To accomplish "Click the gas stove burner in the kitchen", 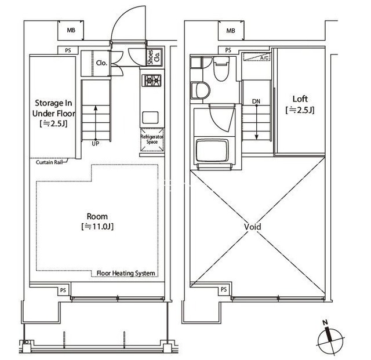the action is click(151, 81).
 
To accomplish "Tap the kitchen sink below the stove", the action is click(150, 118).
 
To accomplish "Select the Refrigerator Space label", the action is click(152, 139).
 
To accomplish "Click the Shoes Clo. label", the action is click(154, 57).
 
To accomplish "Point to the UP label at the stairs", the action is click(95, 143).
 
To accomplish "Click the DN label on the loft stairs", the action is click(256, 101).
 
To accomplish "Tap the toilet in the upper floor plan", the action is click(221, 68).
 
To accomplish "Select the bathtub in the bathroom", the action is click(213, 150).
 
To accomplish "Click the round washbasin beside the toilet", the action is click(201, 90).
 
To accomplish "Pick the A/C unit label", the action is click(264, 58).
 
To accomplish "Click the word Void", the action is click(253, 227).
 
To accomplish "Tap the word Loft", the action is click(300, 99).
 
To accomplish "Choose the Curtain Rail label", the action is click(49, 162).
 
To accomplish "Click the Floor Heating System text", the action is click(126, 273).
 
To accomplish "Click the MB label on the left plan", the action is click(71, 30).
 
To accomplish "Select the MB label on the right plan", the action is click(231, 31).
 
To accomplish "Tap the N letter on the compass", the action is click(325, 322).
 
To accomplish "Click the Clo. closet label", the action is click(102, 63).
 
